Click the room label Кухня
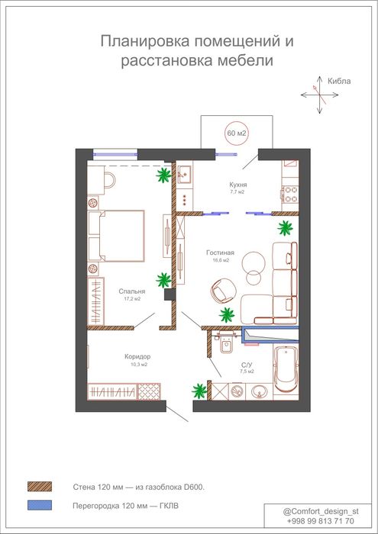238,185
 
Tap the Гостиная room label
220,253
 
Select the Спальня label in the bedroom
132,291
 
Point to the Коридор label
137,357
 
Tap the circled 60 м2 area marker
236,133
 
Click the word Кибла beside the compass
339,82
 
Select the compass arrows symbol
320,95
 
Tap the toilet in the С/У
225,342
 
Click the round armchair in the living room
222,290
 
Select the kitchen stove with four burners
290,194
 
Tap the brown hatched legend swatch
40,487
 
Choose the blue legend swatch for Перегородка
40,505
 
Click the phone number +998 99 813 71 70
321,521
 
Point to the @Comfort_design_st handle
321,512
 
